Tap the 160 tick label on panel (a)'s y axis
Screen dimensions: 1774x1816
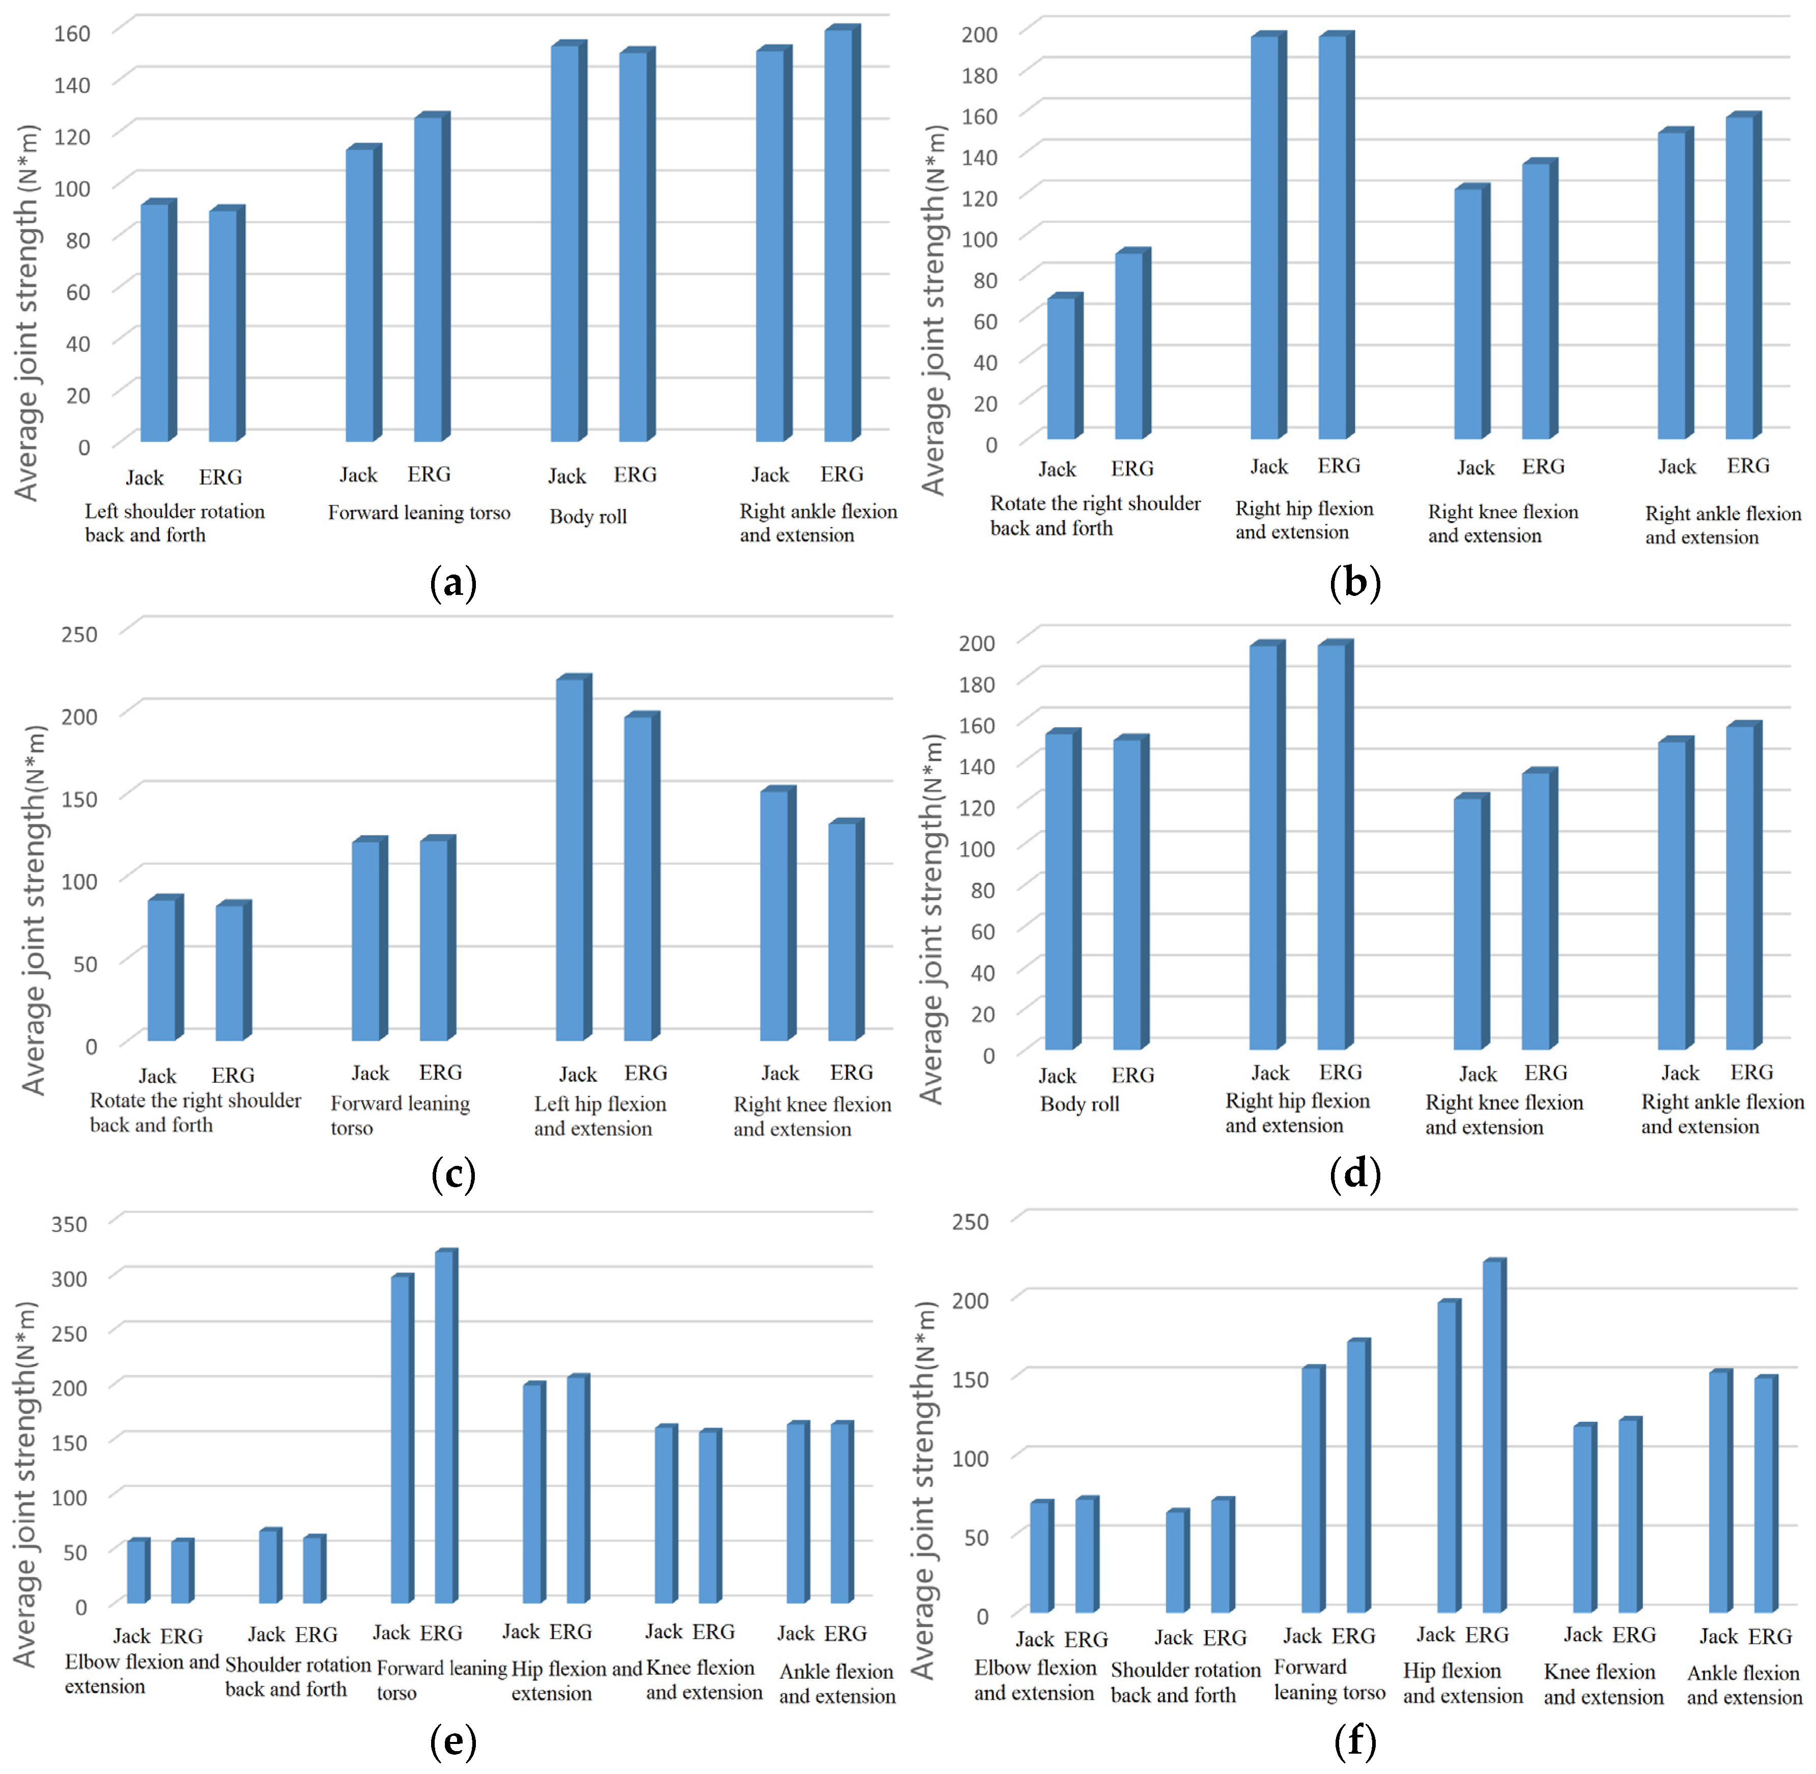[72, 34]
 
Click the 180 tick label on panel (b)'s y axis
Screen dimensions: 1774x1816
[979, 75]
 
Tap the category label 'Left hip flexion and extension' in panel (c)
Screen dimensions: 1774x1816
[600, 1116]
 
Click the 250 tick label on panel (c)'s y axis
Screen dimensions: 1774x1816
[79, 635]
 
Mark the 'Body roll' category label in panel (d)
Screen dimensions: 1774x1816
[1079, 1104]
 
